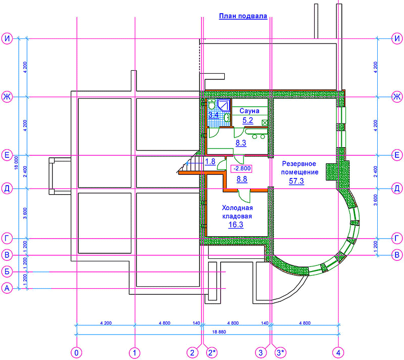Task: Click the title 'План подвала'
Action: click(243, 16)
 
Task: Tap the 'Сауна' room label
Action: click(249, 111)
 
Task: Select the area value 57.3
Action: click(296, 181)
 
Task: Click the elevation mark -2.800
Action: click(242, 169)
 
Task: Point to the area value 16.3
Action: click(236, 224)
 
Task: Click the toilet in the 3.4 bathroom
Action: click(212, 104)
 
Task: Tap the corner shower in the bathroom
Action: click(223, 105)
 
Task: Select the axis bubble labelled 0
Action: click(76, 352)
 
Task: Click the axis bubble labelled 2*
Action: click(212, 352)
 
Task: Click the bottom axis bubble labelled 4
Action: click(338, 352)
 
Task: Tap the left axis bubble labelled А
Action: click(7, 288)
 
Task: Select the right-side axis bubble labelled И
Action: click(397, 39)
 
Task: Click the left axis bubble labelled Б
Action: click(7, 272)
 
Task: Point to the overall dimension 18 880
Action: click(219, 332)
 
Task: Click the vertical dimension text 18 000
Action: click(16, 163)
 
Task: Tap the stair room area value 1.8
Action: click(210, 162)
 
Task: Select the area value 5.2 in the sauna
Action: click(247, 120)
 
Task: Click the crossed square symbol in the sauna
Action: click(265, 122)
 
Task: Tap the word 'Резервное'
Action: click(299, 163)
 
